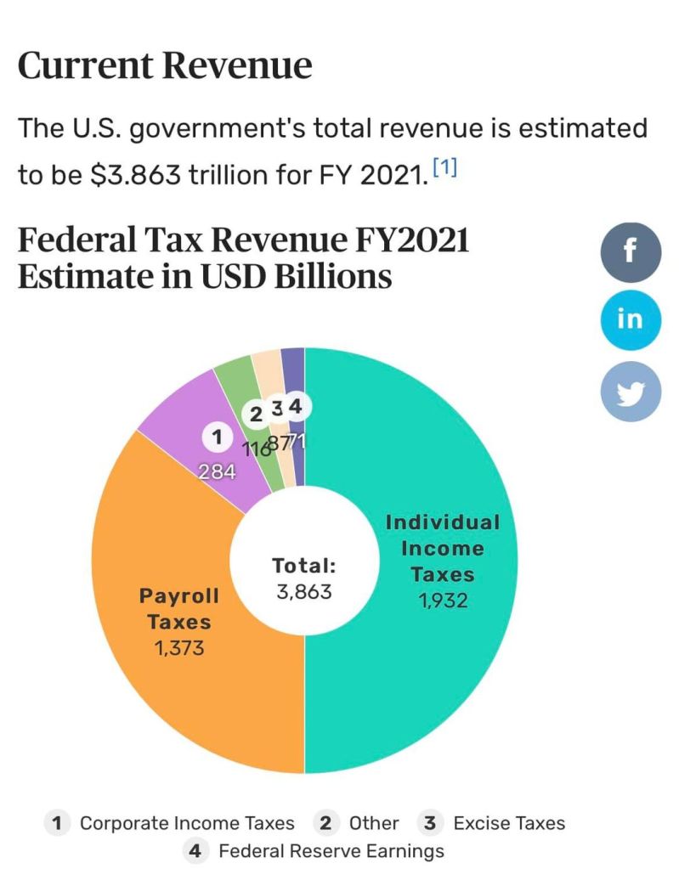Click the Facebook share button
click(x=631, y=251)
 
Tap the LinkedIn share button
click(x=631, y=319)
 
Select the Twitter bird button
click(x=631, y=391)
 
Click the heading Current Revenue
click(x=165, y=65)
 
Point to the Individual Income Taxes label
click(x=442, y=548)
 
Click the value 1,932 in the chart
click(x=442, y=601)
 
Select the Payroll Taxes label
click(x=179, y=608)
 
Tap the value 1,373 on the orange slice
click(x=179, y=648)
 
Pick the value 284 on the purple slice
click(x=217, y=471)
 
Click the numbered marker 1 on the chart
click(x=217, y=437)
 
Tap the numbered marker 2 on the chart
click(x=254, y=415)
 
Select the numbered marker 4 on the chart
click(x=295, y=407)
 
